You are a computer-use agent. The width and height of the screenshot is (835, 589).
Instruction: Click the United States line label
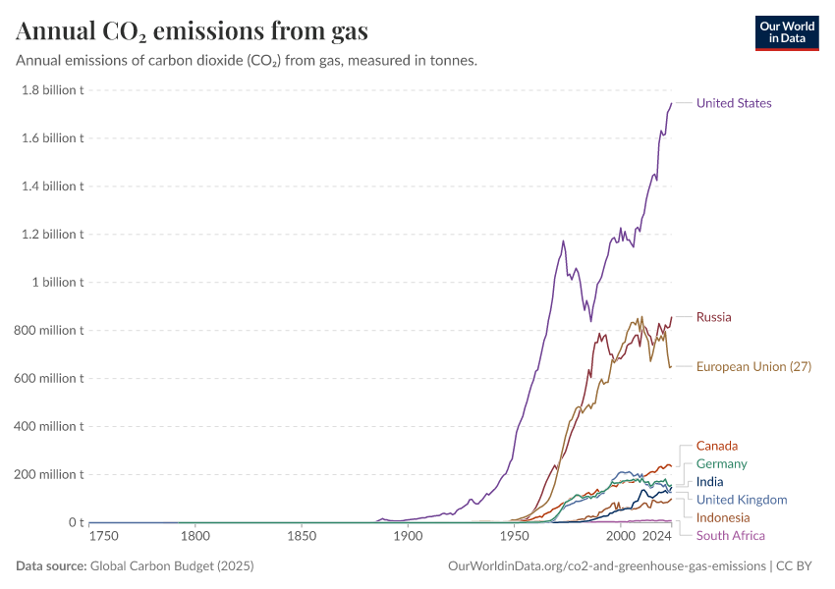734,103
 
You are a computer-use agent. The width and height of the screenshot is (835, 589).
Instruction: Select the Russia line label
713,317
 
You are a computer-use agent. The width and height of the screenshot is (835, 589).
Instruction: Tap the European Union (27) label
753,367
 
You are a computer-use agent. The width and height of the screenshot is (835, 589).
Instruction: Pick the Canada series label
716,446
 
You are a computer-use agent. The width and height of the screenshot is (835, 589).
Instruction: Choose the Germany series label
721,463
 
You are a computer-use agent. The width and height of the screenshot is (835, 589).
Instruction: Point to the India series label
709,482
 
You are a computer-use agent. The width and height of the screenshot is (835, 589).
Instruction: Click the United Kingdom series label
742,500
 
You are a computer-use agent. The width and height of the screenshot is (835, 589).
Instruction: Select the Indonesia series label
723,517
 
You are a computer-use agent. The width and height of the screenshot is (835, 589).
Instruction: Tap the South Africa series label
730,535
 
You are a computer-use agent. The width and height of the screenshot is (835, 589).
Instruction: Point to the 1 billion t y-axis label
56,283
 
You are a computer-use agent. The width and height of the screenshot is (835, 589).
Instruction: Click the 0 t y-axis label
74,523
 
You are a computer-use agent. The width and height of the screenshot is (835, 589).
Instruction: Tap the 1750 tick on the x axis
103,537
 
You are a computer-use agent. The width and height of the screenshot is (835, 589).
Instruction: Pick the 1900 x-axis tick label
408,537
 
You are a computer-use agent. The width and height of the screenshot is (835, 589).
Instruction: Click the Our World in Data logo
787,32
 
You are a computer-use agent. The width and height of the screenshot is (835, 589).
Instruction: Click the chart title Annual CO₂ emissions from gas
193,31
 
